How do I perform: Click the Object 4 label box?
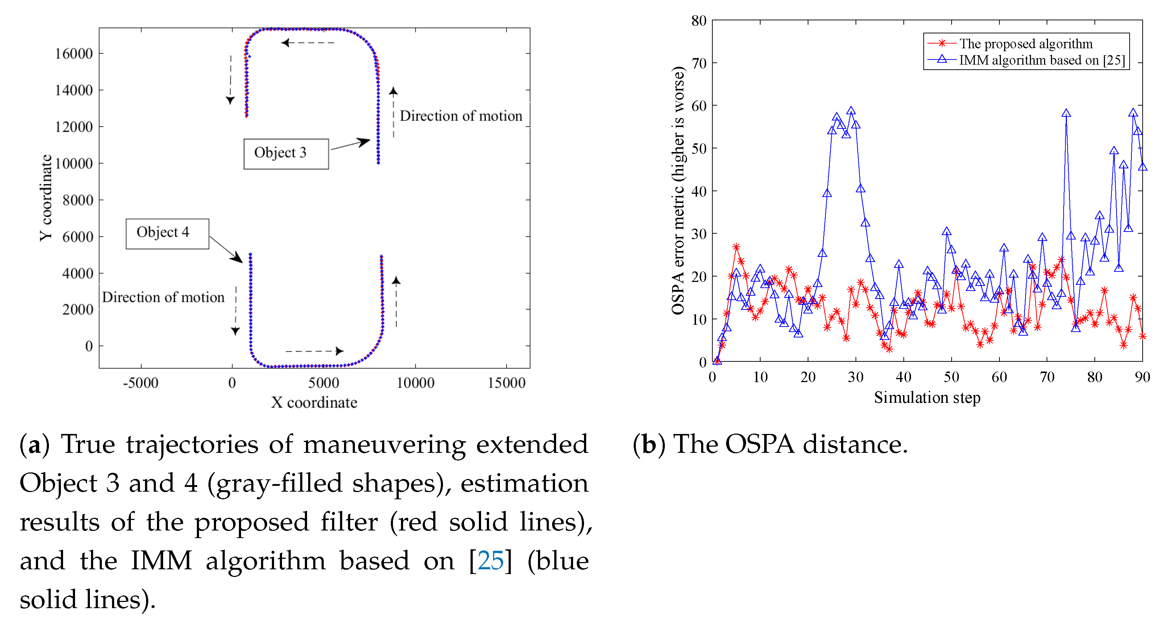click(167, 233)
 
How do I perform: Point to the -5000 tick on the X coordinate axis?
click(141, 382)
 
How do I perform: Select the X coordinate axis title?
click(314, 402)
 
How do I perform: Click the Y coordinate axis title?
click(46, 197)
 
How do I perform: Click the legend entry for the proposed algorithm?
click(1025, 44)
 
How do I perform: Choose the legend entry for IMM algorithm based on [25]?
click(1042, 60)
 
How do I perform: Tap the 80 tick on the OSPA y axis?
click(699, 21)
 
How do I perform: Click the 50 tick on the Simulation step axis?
click(951, 377)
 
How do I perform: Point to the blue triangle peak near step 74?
click(1066, 113)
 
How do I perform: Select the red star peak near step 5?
click(736, 247)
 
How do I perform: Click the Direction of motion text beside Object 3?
click(461, 116)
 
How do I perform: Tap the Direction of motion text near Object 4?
click(163, 298)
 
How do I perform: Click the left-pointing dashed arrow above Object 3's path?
click(308, 43)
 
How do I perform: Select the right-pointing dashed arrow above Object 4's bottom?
click(315, 351)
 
